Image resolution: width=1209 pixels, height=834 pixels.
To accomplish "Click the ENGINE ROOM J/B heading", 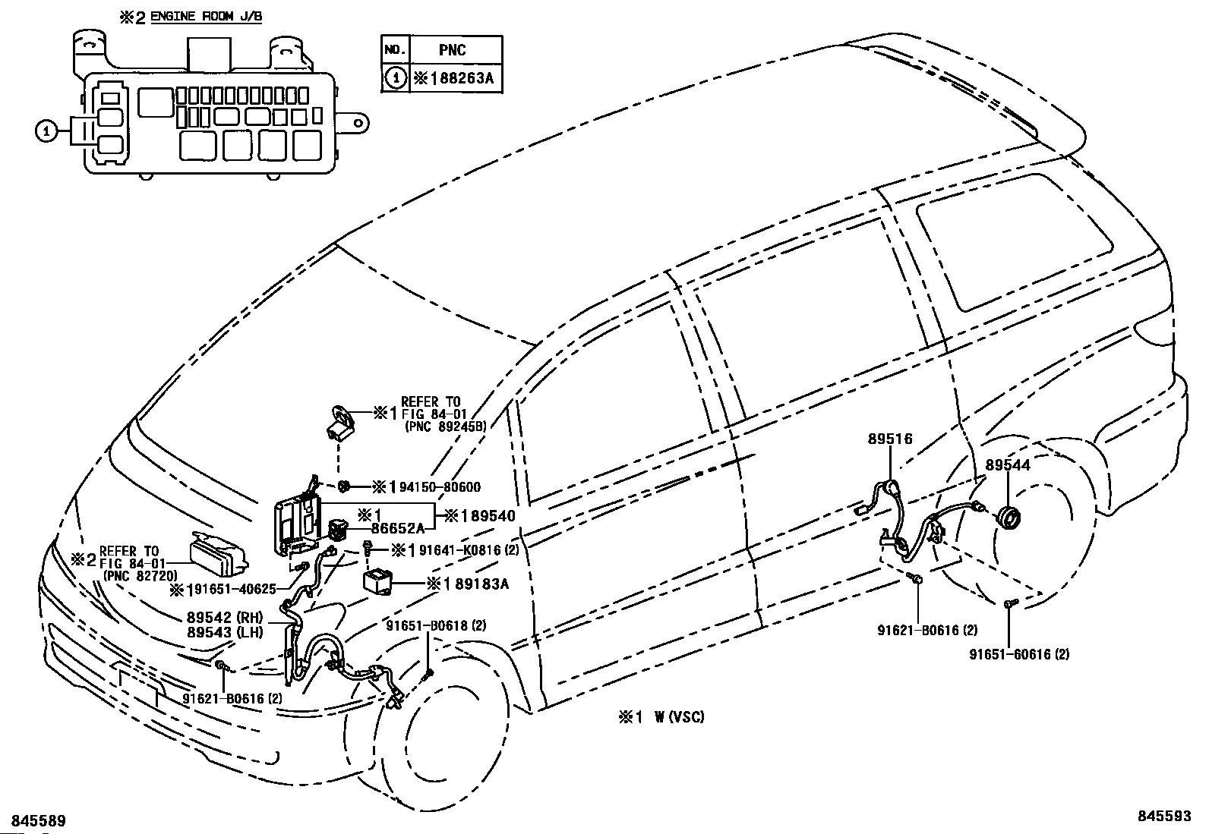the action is coord(206,16).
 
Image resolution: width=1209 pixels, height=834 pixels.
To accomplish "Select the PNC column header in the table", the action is coord(453,50).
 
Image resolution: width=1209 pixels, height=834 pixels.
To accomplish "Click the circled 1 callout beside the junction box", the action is coord(46,131).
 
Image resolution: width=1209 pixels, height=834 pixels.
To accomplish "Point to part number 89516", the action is coord(890,439).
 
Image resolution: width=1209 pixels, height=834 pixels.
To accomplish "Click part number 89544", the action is coord(1008,465).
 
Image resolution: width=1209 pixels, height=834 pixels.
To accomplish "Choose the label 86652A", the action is coord(398,529).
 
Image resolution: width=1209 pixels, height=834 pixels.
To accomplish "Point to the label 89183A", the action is coord(482,584).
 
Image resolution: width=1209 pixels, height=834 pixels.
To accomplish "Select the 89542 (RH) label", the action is coord(225,617).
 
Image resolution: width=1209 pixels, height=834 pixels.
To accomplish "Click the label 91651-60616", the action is coord(1011,654).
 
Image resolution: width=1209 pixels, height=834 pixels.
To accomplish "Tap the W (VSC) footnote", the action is coord(680,717).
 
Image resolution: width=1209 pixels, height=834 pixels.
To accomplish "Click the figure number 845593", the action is coord(1164,816).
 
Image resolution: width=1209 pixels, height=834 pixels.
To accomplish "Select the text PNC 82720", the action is coord(140,575).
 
